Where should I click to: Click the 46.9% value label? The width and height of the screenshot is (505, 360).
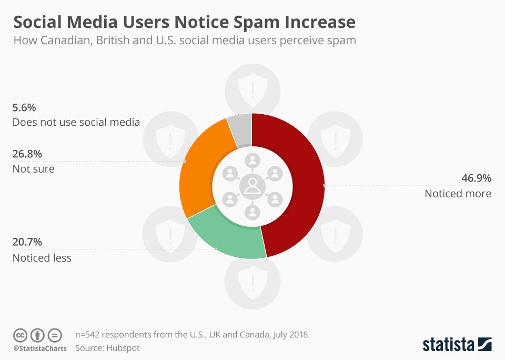pos(476,178)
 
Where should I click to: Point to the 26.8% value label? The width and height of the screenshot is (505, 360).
pos(27,154)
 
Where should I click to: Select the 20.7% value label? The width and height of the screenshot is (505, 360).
pos(27,243)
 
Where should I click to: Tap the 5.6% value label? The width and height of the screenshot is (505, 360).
pos(24,108)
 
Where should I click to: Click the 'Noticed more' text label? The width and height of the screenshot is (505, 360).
pos(458,194)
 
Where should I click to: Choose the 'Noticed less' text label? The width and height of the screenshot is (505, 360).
pos(42,258)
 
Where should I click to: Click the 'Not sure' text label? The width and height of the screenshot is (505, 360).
pos(33,169)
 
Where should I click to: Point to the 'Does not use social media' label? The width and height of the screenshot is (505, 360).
pos(76,123)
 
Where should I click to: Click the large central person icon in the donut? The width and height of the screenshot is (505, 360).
pos(252,186)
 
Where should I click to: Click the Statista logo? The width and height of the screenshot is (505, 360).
pos(457,345)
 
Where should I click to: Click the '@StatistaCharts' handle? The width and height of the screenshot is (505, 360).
pos(40,348)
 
